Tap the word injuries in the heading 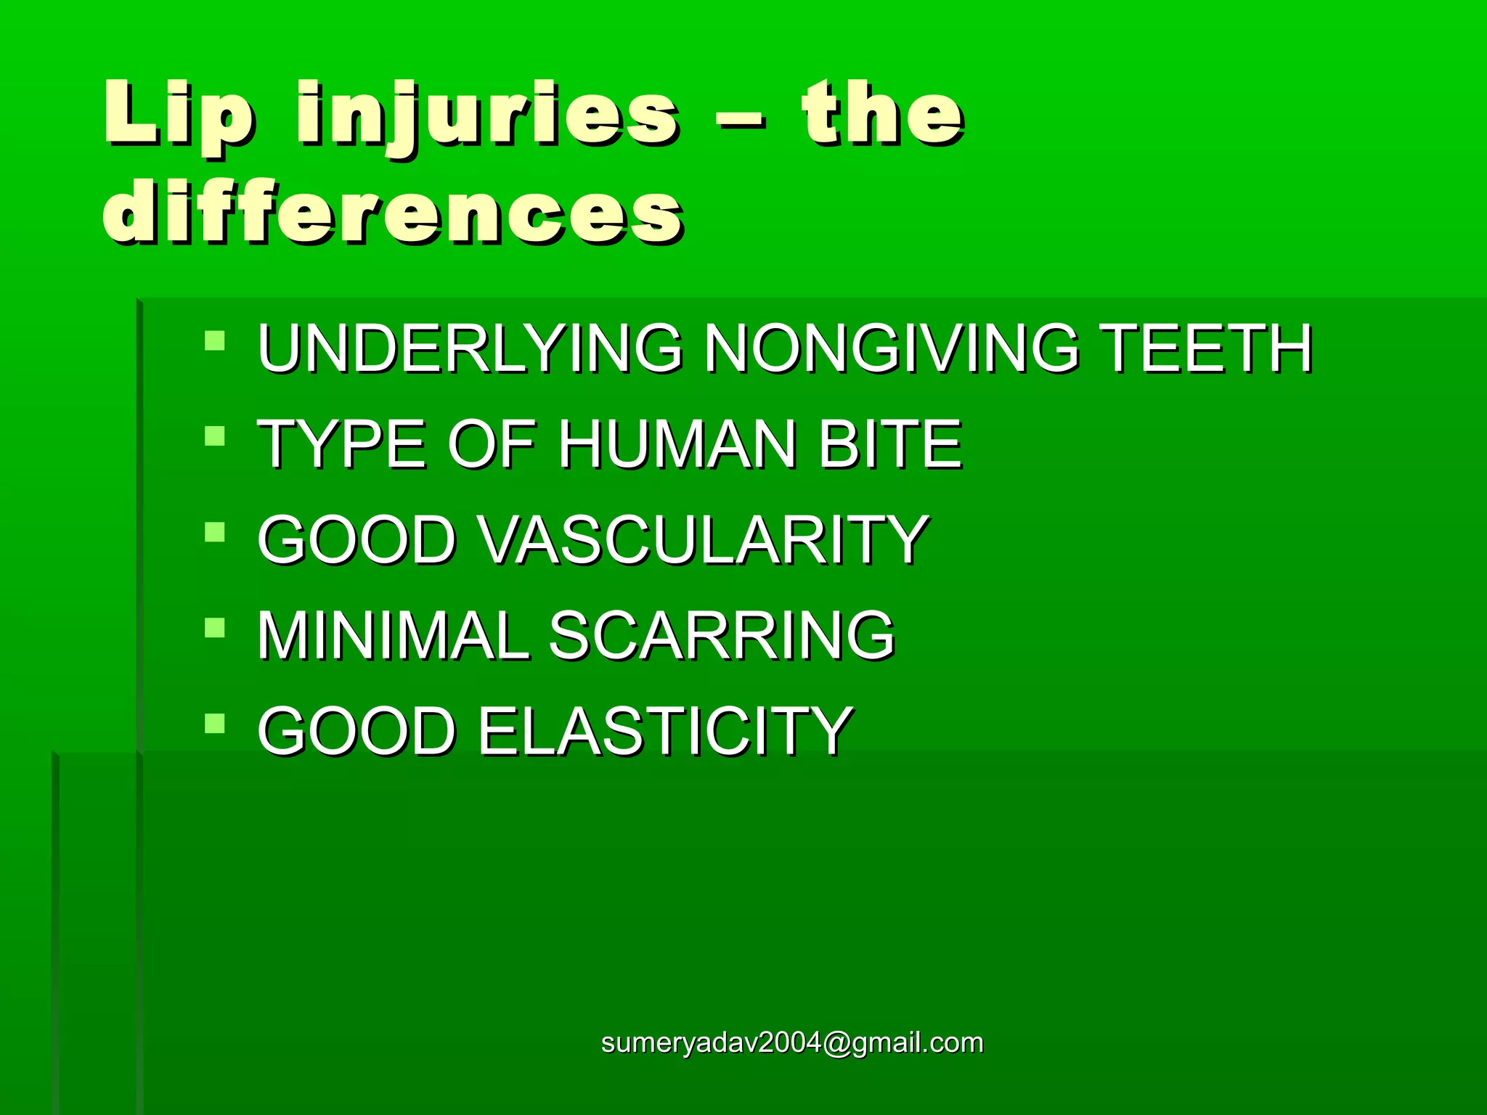(487, 116)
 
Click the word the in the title (883, 113)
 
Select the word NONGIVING (892, 348)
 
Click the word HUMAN (677, 444)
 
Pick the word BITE (890, 444)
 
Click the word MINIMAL (393, 636)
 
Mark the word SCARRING (721, 636)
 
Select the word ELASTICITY (664, 732)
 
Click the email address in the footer (792, 1042)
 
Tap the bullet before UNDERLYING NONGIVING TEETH (215, 340)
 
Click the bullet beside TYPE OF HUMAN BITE (215, 436)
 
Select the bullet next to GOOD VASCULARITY (215, 532)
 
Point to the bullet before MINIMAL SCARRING (215, 628)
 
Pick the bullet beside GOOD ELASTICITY (215, 724)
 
